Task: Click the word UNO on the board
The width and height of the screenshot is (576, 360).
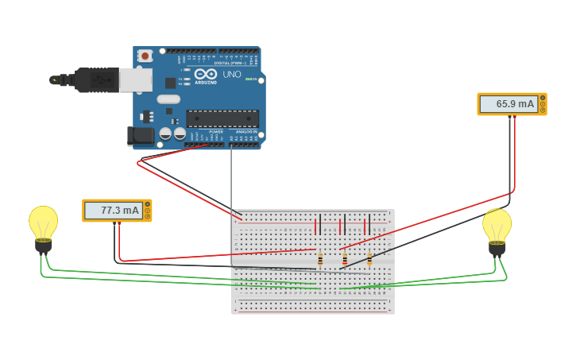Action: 231,75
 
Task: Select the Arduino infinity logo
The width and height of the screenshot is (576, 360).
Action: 205,74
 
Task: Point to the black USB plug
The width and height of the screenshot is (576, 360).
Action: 95,79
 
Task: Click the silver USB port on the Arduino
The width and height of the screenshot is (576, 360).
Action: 135,79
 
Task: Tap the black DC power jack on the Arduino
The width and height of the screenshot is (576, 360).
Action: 141,136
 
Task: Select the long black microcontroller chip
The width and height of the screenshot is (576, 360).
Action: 222,118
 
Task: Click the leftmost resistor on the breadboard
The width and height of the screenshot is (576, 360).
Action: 320,259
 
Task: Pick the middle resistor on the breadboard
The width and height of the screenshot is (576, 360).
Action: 345,259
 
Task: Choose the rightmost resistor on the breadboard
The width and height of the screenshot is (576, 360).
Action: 369,259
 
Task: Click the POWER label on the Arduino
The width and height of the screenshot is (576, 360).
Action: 205,132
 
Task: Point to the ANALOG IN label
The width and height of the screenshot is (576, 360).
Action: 246,132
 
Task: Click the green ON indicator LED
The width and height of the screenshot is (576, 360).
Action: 249,79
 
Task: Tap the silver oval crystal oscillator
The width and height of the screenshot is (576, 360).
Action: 168,99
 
